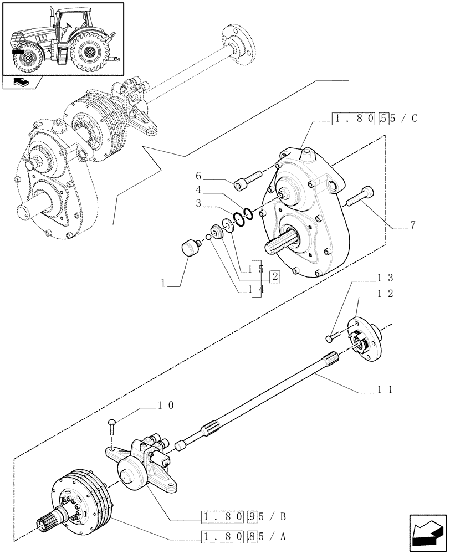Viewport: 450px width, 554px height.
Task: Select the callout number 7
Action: [x=412, y=225]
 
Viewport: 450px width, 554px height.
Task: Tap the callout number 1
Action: [x=163, y=284]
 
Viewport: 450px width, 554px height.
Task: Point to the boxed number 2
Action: [x=274, y=277]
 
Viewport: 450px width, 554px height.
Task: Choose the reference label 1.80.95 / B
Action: [x=243, y=517]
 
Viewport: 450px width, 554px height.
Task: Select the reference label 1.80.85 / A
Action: [x=243, y=537]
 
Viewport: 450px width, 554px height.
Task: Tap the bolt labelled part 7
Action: [x=360, y=196]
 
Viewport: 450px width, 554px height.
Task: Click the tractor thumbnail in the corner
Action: [x=63, y=39]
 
